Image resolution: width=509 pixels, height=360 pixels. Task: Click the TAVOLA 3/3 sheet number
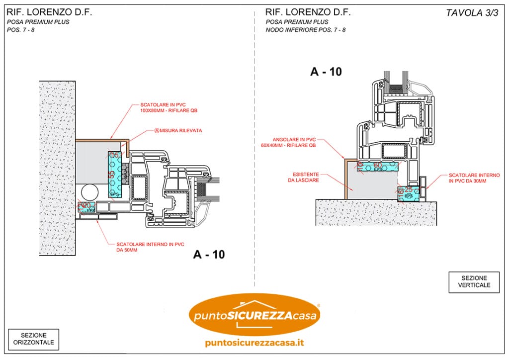[472, 13]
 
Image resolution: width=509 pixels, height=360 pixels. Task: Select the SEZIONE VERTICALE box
[474, 281]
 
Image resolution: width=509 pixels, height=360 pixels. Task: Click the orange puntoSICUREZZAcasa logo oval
[254, 315]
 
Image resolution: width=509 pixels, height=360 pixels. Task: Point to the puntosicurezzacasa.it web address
[254, 343]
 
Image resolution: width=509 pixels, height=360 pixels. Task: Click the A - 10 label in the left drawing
[209, 255]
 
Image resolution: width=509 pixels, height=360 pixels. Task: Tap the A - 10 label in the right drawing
[326, 72]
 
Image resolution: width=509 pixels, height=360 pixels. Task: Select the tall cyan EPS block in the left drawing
[115, 175]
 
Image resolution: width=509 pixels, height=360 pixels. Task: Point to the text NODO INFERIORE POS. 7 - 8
[306, 30]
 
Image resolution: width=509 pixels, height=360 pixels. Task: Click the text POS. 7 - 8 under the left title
[21, 30]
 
